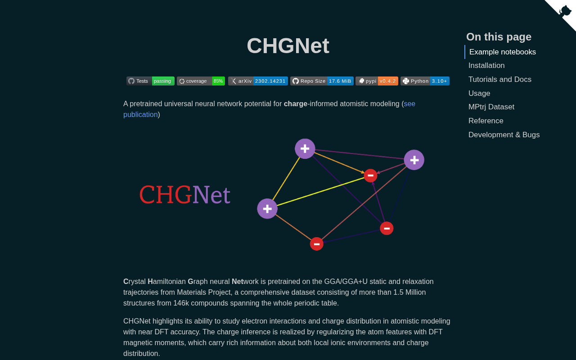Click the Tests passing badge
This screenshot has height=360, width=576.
[150, 81]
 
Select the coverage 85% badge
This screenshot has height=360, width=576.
[201, 81]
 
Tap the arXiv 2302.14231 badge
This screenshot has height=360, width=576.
[258, 81]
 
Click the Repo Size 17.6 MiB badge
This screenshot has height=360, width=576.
[322, 81]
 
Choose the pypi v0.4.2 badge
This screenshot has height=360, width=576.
[377, 81]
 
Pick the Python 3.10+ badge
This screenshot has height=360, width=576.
[425, 81]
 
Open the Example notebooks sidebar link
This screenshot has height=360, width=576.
[503, 52]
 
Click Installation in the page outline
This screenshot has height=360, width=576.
[486, 66]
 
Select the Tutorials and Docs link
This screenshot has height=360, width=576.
[500, 80]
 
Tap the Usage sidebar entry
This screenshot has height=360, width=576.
[479, 93]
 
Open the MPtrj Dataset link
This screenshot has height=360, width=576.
[491, 107]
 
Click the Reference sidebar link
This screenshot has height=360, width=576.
[486, 121]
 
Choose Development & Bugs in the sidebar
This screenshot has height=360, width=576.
[504, 135]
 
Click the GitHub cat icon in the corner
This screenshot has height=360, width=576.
[565, 11]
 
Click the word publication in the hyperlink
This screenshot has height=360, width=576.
[140, 114]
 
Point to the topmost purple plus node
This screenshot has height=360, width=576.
[305, 148]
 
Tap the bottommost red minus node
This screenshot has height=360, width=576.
[316, 244]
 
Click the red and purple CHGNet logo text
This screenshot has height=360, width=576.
[184, 195]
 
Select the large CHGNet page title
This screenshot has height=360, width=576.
[288, 46]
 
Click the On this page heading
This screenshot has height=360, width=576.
[499, 37]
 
